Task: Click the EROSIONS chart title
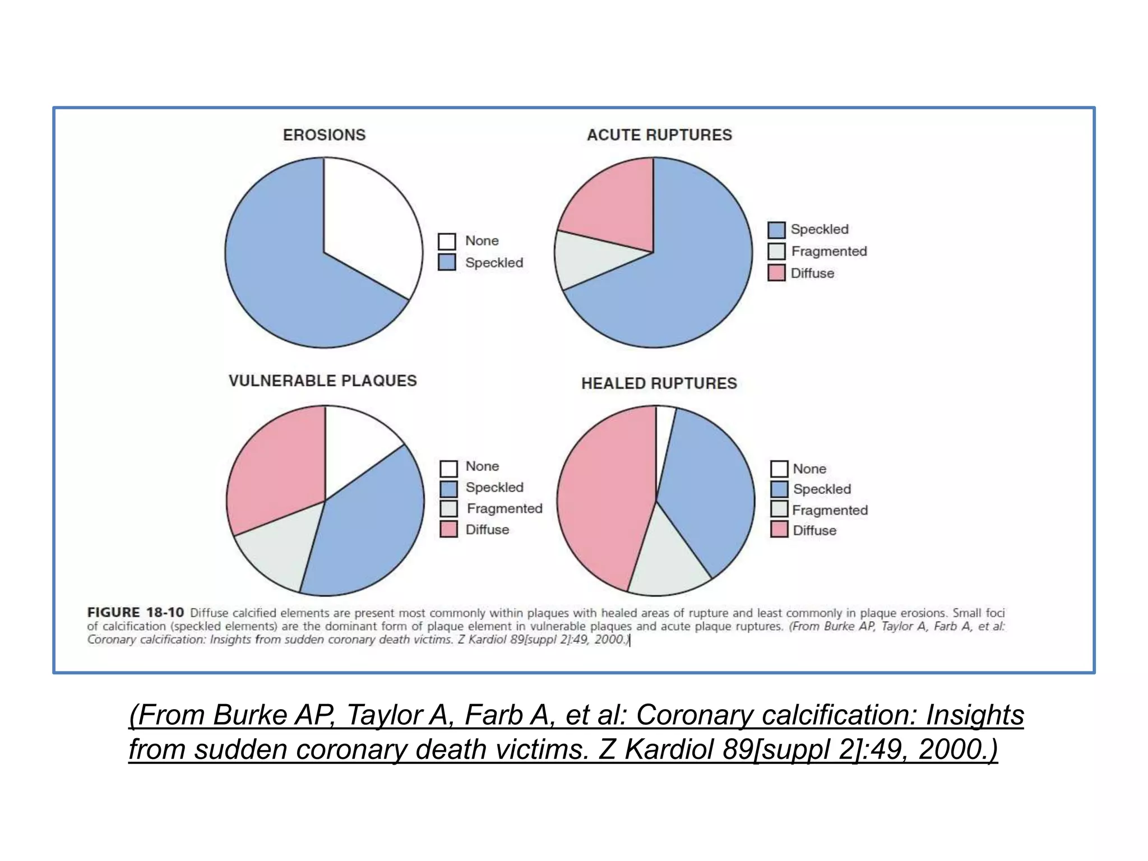point(324,135)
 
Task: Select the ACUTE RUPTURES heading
point(659,135)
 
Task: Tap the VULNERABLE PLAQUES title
point(322,381)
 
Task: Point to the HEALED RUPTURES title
point(659,383)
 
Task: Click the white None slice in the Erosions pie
point(370,224)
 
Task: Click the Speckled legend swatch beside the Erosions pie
point(447,262)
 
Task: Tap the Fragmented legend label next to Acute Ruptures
point(828,251)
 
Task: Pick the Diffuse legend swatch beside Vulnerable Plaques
point(448,529)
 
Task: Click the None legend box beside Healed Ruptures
point(779,469)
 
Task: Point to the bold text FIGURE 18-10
point(135,612)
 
